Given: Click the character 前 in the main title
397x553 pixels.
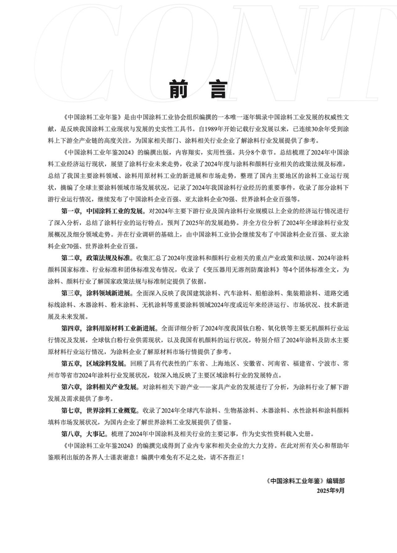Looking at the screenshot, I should [x=179, y=89].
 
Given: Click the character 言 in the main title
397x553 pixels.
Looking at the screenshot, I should [x=218, y=89].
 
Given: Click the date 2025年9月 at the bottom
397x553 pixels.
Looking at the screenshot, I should [x=330, y=490].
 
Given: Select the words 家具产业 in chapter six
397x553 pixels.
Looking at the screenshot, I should [x=235, y=387].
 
